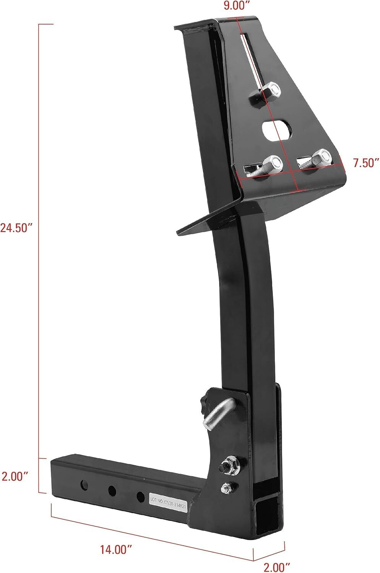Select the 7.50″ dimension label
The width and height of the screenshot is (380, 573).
coord(365,163)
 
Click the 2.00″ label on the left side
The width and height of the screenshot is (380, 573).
coord(15,476)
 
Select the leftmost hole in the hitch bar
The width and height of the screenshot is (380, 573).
coord(83,486)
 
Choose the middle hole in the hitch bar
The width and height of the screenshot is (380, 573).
coord(112,490)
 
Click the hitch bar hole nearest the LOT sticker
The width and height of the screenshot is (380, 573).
coord(140,496)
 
